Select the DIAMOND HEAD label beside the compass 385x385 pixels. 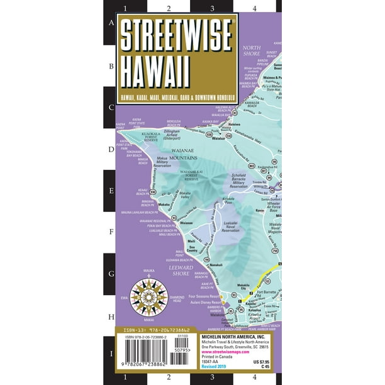(x=177, y=299)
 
